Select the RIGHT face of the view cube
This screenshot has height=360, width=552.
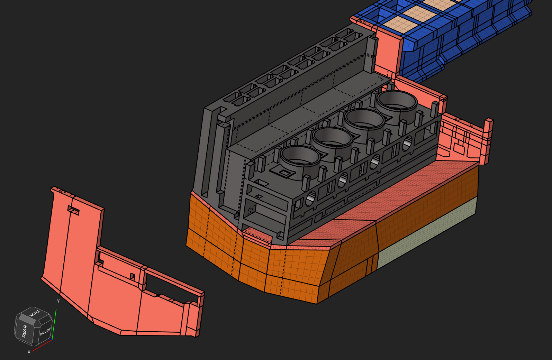(35, 313)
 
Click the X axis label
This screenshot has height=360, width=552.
(29, 352)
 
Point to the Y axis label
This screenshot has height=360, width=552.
(58, 301)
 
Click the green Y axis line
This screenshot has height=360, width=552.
(54, 324)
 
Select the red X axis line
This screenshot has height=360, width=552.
(42, 345)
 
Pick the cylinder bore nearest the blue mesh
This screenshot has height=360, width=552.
(397, 101)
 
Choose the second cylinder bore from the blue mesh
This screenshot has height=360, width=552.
(364, 119)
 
